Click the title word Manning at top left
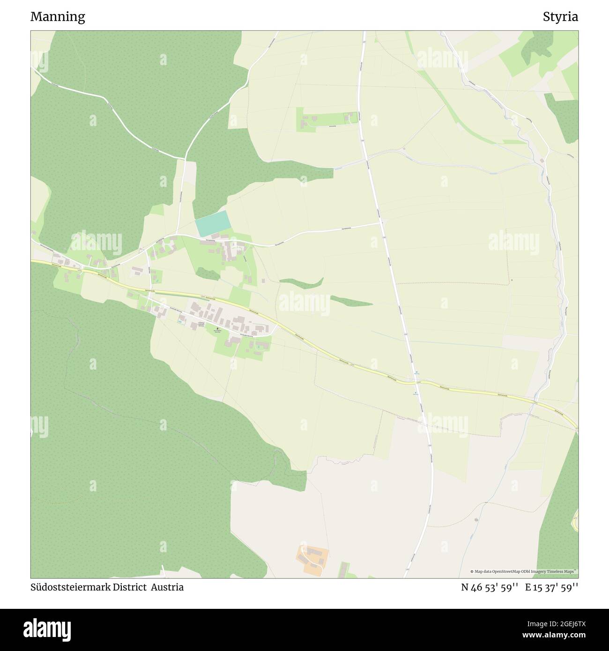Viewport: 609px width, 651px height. click(x=58, y=17)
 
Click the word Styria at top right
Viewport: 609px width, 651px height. click(x=560, y=17)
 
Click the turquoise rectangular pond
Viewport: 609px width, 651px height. click(x=213, y=223)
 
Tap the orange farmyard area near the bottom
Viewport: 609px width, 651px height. click(x=312, y=559)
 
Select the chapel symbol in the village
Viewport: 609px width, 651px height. click(x=217, y=329)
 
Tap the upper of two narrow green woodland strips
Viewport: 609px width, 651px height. click(x=302, y=282)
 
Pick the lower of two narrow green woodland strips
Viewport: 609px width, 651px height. click(x=351, y=301)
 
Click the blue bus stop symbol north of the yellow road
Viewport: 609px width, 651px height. click(x=416, y=373)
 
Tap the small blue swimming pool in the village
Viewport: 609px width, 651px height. click(x=180, y=321)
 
